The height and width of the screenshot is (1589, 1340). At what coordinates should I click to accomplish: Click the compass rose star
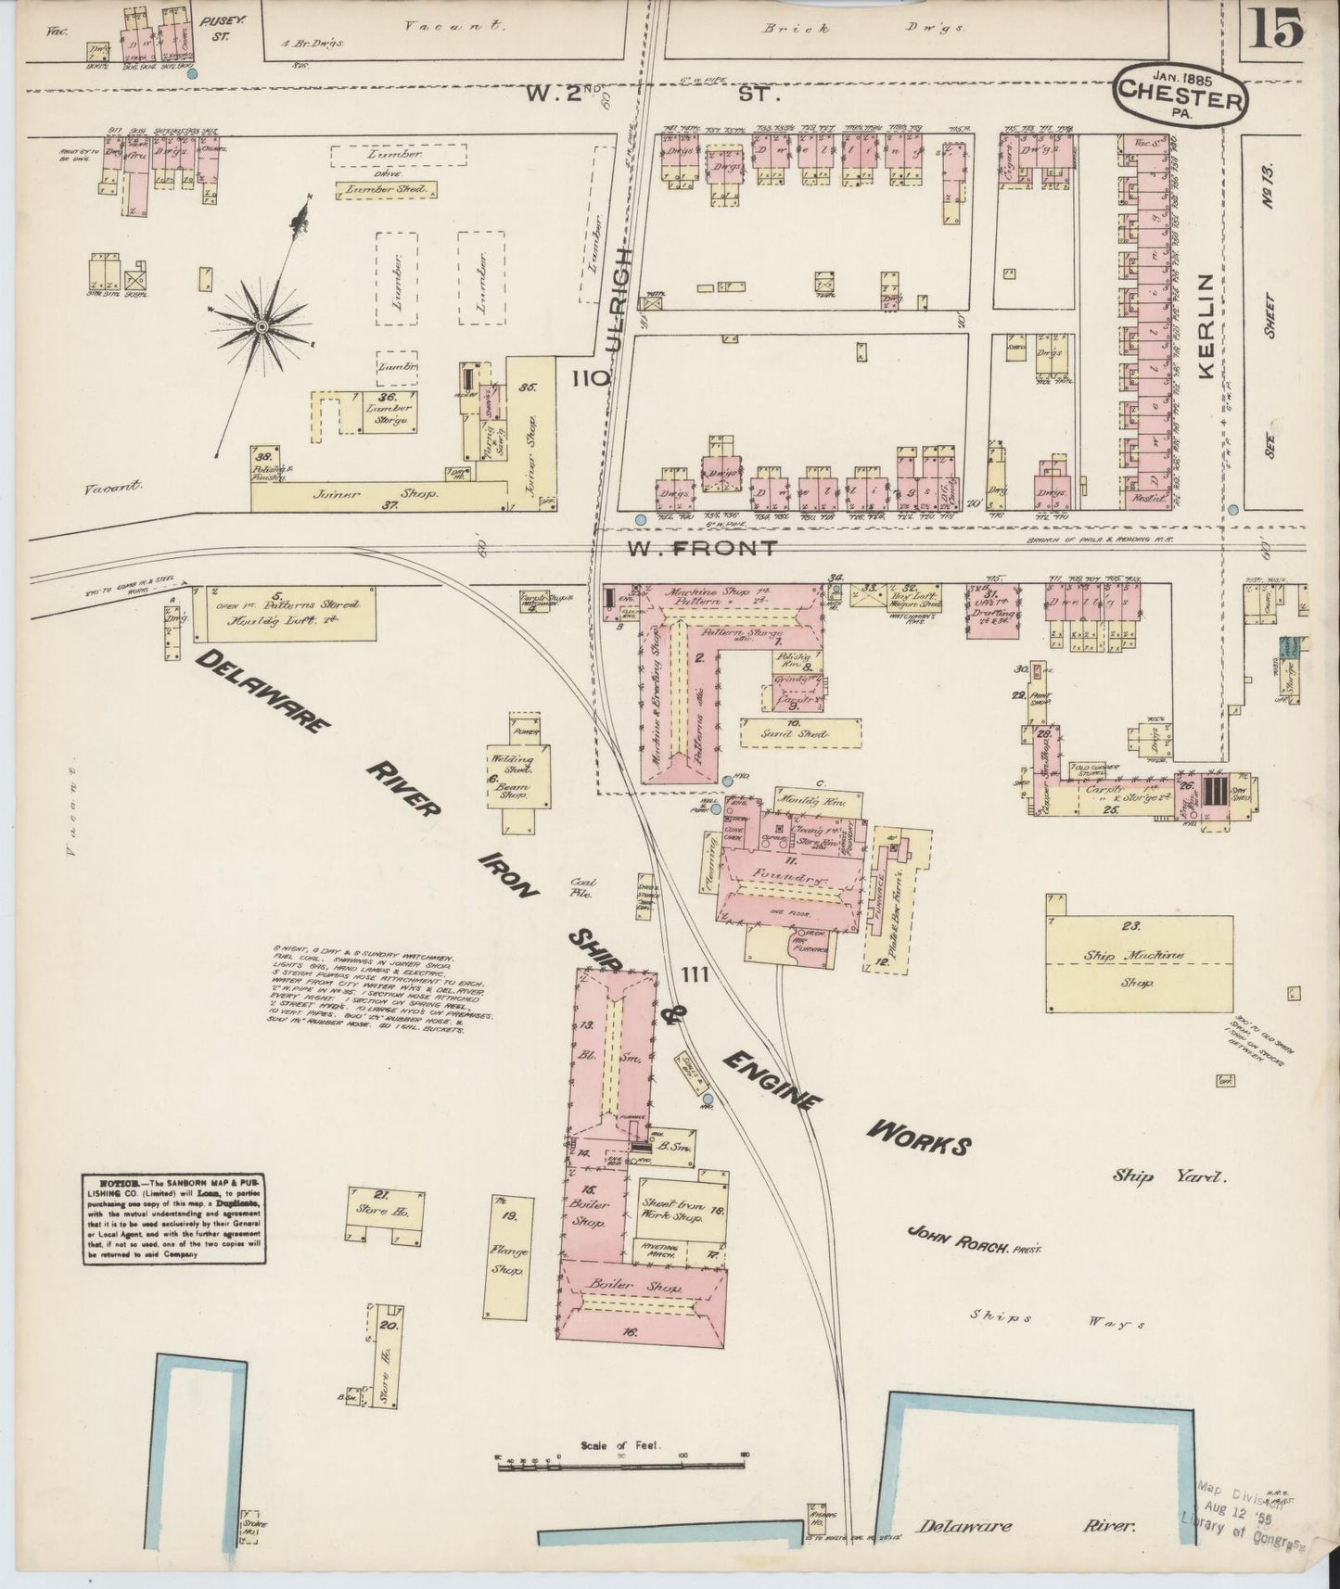[262, 326]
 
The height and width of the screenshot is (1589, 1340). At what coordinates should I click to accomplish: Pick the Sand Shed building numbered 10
[799, 731]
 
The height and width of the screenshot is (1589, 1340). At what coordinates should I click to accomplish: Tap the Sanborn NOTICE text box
[174, 1219]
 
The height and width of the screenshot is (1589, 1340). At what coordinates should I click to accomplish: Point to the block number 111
[695, 974]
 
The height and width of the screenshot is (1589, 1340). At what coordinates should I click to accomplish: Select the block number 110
[591, 378]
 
